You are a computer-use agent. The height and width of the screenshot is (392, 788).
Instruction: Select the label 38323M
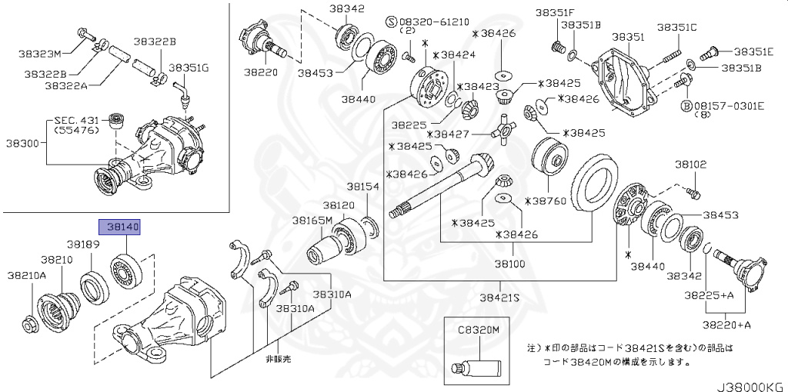(x=40, y=54)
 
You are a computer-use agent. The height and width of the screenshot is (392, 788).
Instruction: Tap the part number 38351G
(x=189, y=68)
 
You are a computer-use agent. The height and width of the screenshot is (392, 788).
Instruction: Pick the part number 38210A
(x=27, y=274)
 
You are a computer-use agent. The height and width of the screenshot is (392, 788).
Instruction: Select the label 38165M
(x=312, y=221)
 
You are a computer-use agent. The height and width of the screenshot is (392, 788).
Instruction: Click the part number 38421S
(x=499, y=297)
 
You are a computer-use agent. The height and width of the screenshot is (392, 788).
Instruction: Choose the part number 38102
(x=690, y=164)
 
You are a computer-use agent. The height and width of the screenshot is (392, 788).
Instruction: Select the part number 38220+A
(x=727, y=324)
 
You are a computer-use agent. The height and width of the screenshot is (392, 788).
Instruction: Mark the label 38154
(x=362, y=187)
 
